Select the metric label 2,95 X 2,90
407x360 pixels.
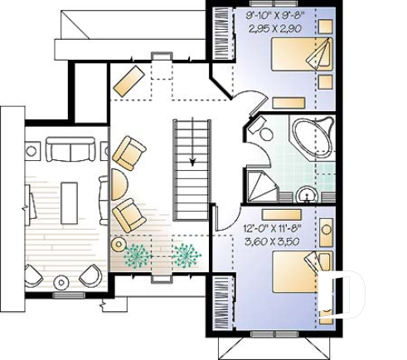[273, 27]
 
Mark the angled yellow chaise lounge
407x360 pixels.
[129, 80]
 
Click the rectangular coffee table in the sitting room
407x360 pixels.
[67, 199]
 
